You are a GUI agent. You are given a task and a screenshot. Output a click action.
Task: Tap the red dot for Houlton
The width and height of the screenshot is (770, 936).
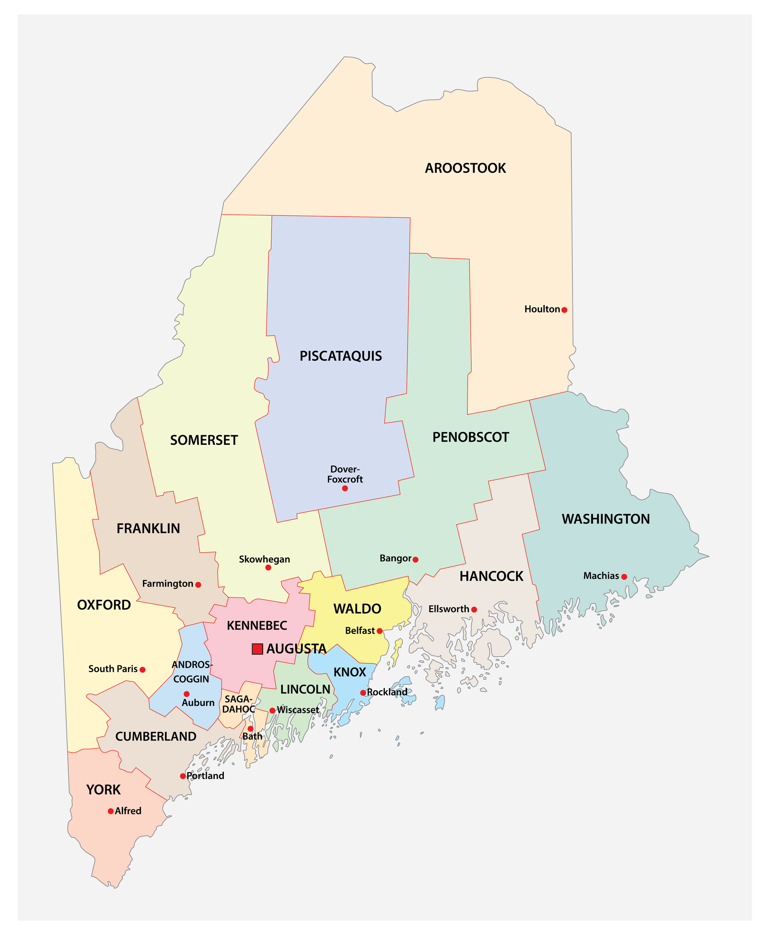(x=564, y=310)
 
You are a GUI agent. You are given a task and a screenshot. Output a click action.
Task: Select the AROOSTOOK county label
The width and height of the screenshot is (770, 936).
(x=465, y=168)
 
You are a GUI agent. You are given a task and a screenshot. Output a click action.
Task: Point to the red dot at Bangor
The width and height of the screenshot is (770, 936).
(x=416, y=560)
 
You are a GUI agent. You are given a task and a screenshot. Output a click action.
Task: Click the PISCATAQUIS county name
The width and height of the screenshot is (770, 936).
(x=341, y=356)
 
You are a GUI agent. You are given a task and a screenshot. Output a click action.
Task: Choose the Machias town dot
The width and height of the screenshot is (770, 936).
(x=624, y=577)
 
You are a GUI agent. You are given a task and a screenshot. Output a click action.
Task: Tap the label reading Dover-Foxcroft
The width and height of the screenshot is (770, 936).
(x=345, y=474)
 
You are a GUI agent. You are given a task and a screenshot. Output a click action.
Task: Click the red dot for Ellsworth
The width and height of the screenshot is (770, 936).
(x=474, y=610)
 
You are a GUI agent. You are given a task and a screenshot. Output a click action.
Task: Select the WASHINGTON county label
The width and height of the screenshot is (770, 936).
(x=605, y=519)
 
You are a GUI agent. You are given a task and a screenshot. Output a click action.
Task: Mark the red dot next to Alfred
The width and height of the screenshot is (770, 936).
(x=111, y=811)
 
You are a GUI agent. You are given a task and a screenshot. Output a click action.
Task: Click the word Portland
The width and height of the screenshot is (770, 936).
(x=205, y=776)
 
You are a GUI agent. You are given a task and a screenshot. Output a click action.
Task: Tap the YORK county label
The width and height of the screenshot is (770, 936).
(x=104, y=790)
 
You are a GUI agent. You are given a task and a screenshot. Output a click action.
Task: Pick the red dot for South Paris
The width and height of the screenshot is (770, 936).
(x=142, y=669)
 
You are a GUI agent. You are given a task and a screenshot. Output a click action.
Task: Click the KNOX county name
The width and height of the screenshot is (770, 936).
(x=349, y=672)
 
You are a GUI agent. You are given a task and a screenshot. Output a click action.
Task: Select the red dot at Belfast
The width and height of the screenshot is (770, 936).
(x=380, y=631)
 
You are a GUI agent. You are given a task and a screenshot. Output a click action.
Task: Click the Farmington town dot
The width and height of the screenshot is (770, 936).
(x=198, y=585)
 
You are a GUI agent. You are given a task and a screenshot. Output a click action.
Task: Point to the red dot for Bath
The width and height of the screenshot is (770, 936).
(x=250, y=729)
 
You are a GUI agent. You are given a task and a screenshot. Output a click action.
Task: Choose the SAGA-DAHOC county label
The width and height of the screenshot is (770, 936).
(x=238, y=704)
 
